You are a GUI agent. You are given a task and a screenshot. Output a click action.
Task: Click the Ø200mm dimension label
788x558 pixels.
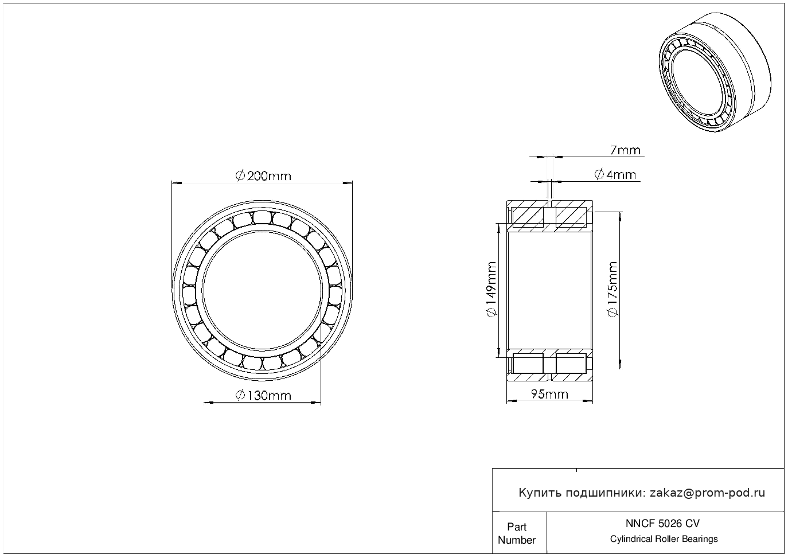pyautogui.click(x=263, y=175)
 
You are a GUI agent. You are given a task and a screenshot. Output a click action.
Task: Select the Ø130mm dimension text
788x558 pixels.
pyautogui.click(x=263, y=396)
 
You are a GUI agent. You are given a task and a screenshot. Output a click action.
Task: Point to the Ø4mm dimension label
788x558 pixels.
pyautogui.click(x=615, y=174)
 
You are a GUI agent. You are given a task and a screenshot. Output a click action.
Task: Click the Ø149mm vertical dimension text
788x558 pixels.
pyautogui.click(x=491, y=289)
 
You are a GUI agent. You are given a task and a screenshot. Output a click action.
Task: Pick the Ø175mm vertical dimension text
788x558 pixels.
pyautogui.click(x=613, y=289)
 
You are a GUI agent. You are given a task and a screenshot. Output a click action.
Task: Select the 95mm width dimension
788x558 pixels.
pyautogui.click(x=549, y=394)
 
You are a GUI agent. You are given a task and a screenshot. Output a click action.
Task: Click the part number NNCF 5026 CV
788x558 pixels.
pyautogui.click(x=663, y=524)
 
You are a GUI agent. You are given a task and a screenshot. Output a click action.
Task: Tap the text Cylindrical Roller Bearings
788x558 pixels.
pyautogui.click(x=664, y=539)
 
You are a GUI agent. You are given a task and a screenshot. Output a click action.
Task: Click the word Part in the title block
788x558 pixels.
pyautogui.click(x=517, y=526)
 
